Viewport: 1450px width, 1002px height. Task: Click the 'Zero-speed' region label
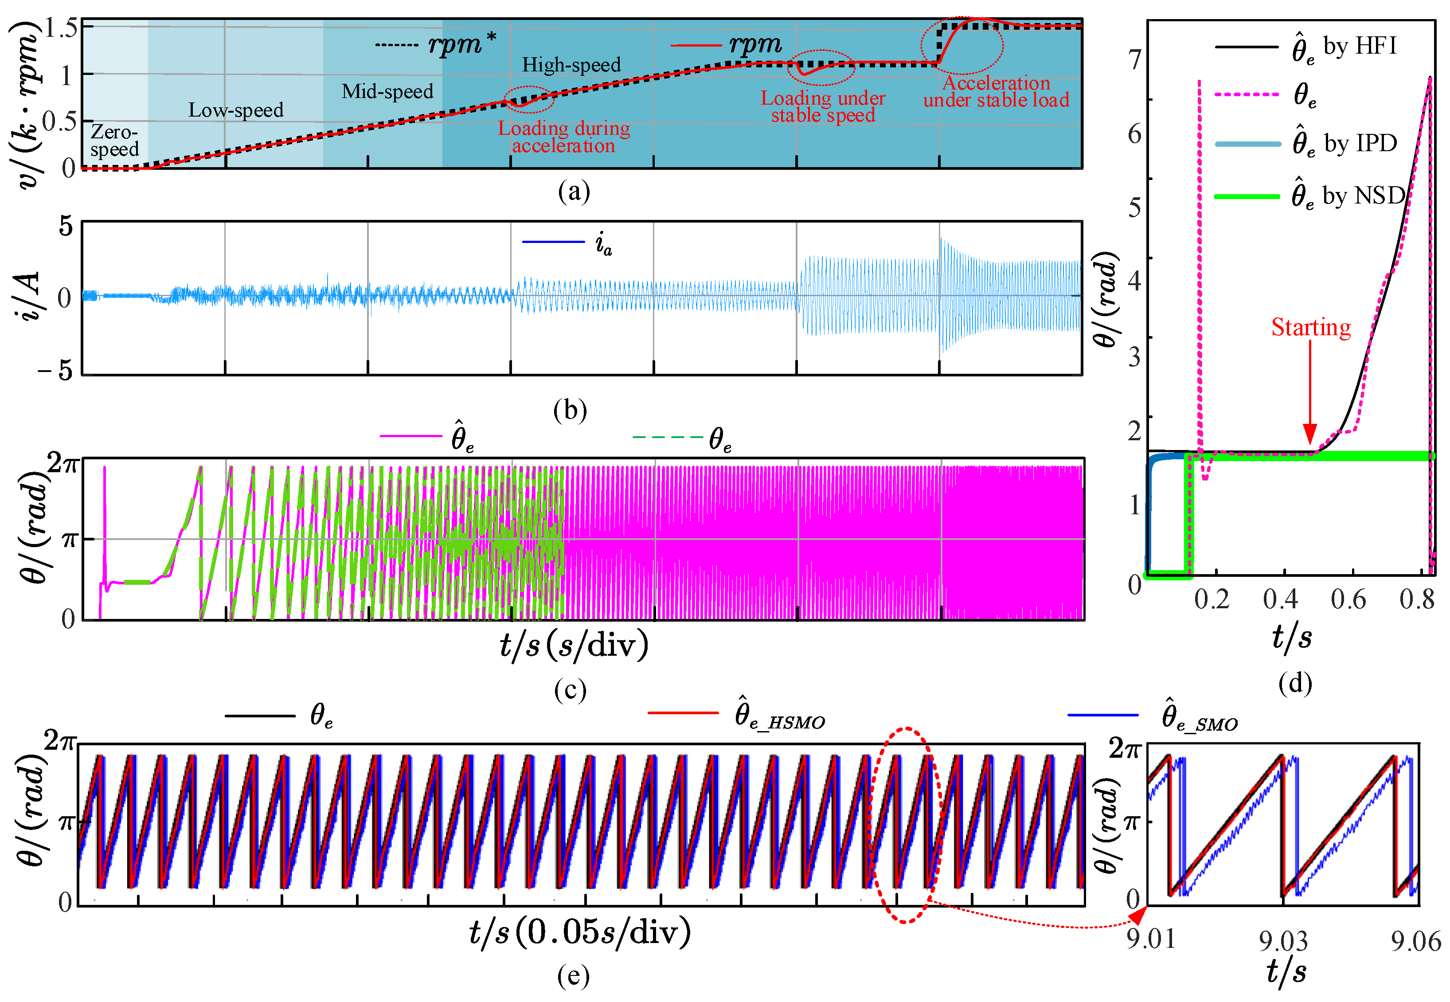point(114,141)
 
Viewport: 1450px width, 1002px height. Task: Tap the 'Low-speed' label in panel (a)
point(236,110)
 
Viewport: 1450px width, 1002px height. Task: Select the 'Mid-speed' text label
point(387,92)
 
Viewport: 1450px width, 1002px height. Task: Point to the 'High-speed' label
point(571,65)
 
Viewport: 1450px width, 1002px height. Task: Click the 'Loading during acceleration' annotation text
point(564,137)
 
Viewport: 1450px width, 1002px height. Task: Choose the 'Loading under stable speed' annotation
point(823,107)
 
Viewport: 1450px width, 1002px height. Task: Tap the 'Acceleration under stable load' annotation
point(996,92)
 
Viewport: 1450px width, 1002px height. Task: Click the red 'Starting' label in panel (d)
point(1311,328)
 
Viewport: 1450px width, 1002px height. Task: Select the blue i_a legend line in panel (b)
point(553,242)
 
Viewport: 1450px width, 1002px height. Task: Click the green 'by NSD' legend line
point(1247,196)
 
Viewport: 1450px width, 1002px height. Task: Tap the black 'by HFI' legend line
point(1247,47)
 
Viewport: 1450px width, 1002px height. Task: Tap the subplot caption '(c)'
point(570,690)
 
